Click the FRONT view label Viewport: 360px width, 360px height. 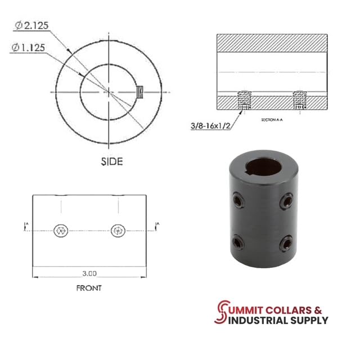[89, 288]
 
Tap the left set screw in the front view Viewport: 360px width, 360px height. [61, 229]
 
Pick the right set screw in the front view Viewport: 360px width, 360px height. [117, 229]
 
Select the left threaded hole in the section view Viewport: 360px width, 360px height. [244, 100]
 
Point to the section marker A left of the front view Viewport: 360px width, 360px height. [25, 226]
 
